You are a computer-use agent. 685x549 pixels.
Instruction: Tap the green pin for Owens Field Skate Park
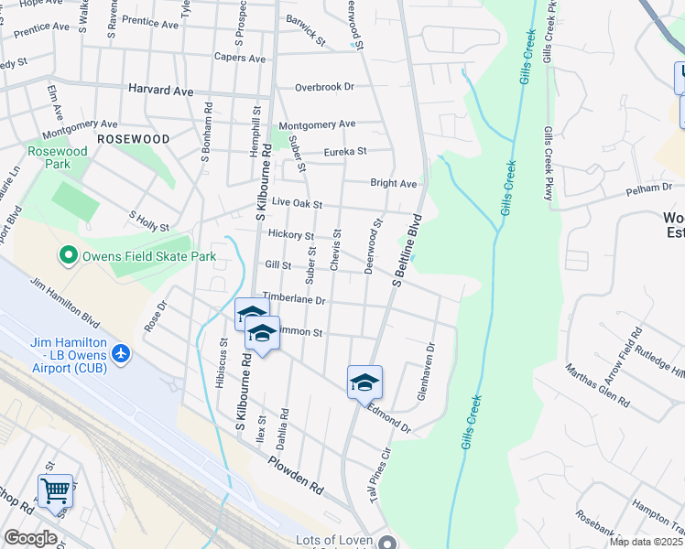[x=68, y=255]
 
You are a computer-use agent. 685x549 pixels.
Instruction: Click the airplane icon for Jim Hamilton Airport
[x=121, y=352]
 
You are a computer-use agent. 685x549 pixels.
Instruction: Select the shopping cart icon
[x=55, y=491]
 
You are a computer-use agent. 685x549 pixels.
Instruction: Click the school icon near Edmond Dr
[x=364, y=382]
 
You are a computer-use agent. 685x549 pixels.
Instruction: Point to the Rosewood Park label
[x=57, y=156]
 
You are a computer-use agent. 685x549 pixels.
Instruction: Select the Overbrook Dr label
[x=324, y=88]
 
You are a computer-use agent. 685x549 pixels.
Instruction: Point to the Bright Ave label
[x=393, y=183]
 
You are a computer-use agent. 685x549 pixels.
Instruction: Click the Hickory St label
[x=290, y=235]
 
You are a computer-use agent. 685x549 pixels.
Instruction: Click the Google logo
[x=30, y=538]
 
